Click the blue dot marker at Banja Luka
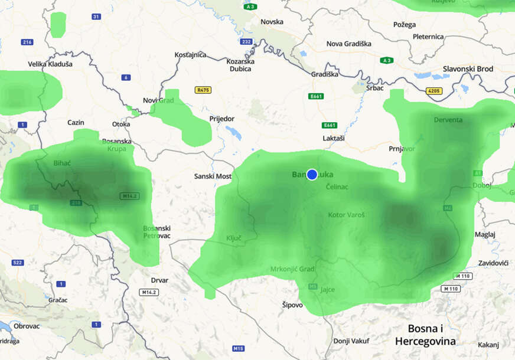coord(312,175)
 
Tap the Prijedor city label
coord(221,119)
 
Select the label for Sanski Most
coord(213,176)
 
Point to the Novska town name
coord(272,22)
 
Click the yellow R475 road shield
coord(203,90)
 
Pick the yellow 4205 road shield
coord(433,91)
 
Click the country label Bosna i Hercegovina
coord(425,335)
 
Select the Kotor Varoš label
coord(346,215)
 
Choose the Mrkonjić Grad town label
coord(292,269)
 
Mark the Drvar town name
coord(159,280)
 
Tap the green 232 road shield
coord(246,42)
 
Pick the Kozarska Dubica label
coord(241,65)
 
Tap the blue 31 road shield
coord(96,17)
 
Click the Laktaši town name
coord(334,138)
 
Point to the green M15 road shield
coord(238,349)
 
